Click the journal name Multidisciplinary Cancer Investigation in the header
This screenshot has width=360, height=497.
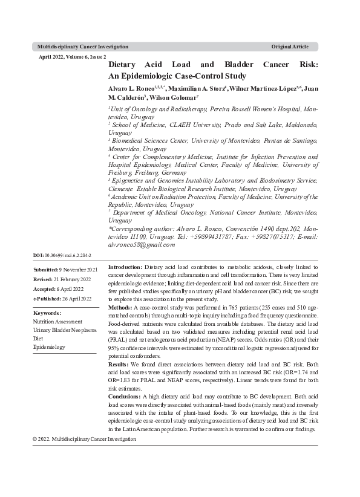pos(82,47)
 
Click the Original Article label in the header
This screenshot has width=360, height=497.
pos(290,47)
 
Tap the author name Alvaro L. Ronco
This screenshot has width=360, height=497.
pos(130,88)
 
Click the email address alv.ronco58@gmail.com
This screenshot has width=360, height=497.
pos(141,245)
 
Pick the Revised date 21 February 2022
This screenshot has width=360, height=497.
pos(72,279)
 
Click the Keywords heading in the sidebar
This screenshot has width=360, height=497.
pos(47,313)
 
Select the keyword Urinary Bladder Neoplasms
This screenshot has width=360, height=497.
pos(65,330)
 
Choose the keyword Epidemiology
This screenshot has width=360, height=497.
pos(49,347)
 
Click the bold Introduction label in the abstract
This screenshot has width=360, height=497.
pos(125,267)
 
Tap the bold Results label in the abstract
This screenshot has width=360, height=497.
pos(119,365)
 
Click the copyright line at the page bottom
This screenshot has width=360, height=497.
pos(85,438)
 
